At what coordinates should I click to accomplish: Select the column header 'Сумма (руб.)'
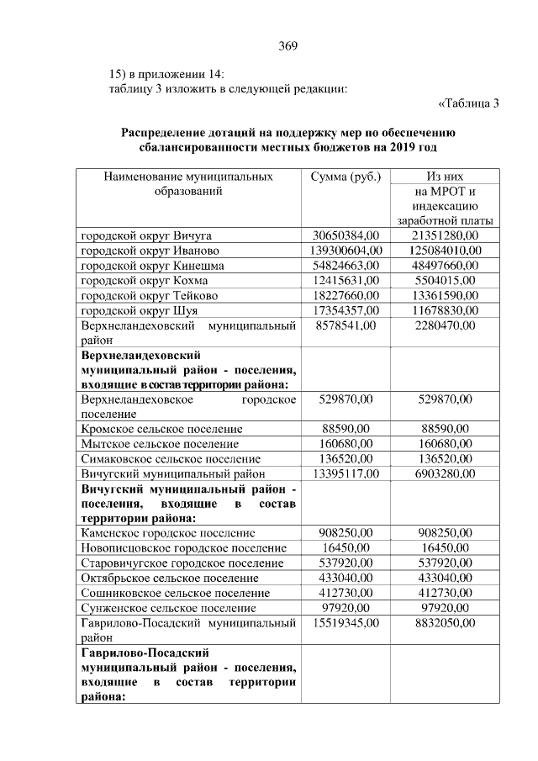click(x=345, y=177)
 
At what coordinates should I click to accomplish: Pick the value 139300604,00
click(x=345, y=250)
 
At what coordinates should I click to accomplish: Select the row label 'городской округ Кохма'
click(x=144, y=280)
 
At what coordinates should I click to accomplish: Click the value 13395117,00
click(x=345, y=473)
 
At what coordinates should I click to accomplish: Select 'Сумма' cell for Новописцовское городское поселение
click(x=345, y=547)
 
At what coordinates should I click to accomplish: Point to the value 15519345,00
click(x=345, y=623)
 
